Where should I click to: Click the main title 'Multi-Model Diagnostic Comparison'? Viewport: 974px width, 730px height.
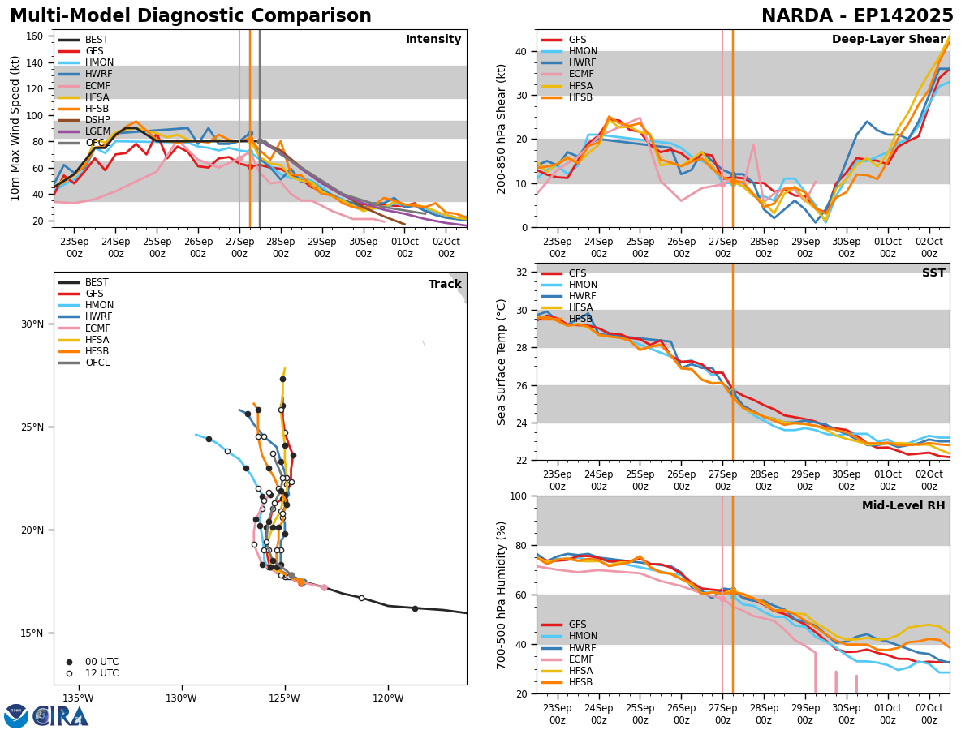coord(190,16)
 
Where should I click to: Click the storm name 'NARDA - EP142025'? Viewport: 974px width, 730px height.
coord(857,16)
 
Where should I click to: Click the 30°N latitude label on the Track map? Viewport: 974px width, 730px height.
coord(32,324)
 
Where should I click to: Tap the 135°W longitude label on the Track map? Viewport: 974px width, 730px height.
coord(78,698)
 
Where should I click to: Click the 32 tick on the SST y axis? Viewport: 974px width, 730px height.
coord(523,273)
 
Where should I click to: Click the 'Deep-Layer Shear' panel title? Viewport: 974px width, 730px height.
coord(888,40)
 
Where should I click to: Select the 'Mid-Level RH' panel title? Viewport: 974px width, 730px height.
coord(903,506)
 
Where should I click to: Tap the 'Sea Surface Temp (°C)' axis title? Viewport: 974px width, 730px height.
coord(502,362)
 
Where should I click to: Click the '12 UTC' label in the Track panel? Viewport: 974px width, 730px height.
coord(101,673)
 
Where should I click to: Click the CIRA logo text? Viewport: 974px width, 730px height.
coord(62,715)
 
